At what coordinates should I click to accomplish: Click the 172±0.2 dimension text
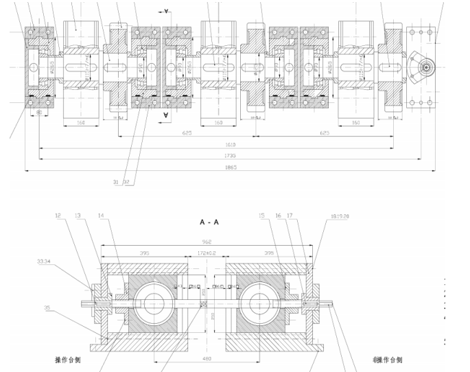[205, 253]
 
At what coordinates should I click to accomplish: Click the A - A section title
[209, 224]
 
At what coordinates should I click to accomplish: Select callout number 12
[60, 216]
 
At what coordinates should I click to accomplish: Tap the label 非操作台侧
[388, 359]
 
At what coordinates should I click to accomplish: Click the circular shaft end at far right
[426, 68]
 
